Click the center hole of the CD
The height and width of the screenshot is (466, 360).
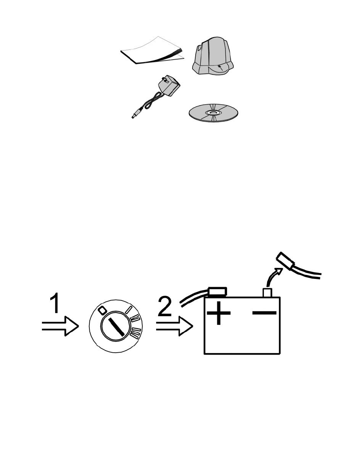213,113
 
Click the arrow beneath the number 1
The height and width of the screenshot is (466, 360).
60,326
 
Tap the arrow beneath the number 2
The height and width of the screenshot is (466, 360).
175,326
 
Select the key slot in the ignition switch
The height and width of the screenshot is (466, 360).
116,327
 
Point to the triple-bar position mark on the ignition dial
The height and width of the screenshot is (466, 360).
135,333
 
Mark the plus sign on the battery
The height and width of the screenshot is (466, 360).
218,313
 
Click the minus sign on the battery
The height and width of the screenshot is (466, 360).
264,313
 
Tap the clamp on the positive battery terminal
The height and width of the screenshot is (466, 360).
218,291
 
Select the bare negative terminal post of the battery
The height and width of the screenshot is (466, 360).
267,293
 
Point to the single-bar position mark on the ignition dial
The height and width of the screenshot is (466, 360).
129,309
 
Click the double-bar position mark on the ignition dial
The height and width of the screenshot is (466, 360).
135,319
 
